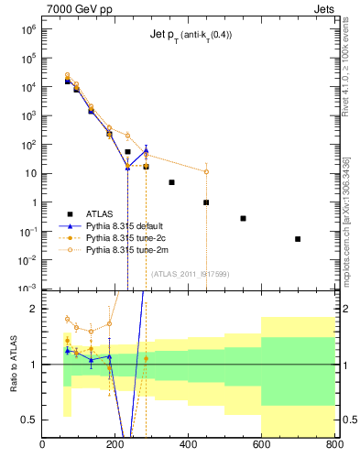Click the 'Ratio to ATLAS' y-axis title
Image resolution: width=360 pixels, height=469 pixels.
[x=14, y=365]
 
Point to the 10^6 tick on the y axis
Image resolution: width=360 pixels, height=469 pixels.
[x=27, y=29]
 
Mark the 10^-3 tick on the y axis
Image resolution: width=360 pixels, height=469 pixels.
[x=27, y=289]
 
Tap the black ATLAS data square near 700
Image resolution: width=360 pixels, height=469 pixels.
[x=298, y=239]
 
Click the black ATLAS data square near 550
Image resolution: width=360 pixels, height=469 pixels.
[x=243, y=218]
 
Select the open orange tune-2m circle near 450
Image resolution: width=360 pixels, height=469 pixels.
[x=206, y=171]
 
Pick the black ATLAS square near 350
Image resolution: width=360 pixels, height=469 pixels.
[x=171, y=182]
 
